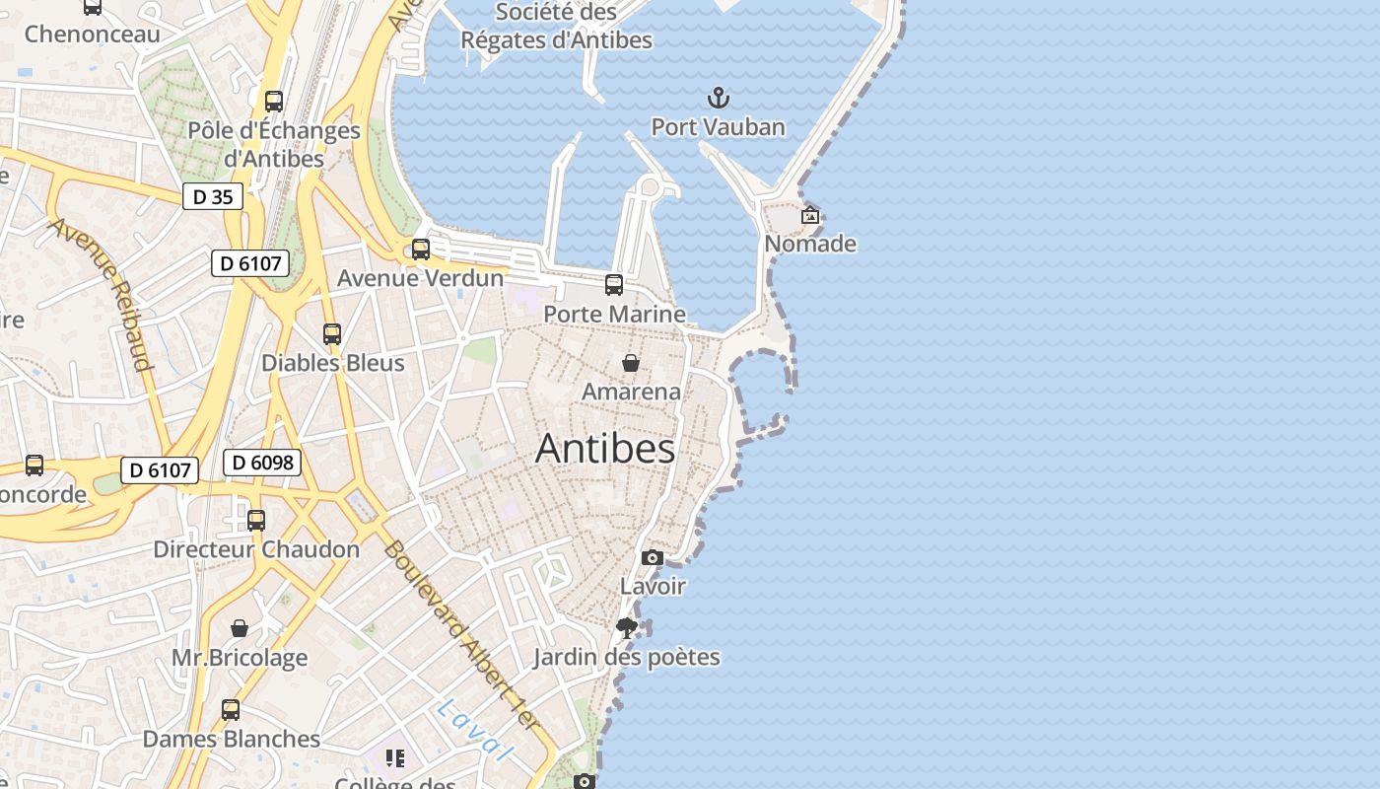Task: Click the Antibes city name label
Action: (x=605, y=449)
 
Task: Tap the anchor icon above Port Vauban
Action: (x=719, y=98)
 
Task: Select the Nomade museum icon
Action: (x=810, y=215)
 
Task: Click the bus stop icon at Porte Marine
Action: (x=614, y=285)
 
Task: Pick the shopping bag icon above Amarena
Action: (x=631, y=363)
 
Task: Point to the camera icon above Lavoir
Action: (x=652, y=558)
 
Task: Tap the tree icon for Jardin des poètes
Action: (x=626, y=628)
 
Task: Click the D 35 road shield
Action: (x=213, y=196)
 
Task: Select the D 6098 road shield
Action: (x=261, y=462)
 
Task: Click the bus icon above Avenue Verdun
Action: (x=421, y=250)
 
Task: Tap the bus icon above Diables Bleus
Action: (x=332, y=334)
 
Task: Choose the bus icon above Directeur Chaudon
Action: (x=256, y=520)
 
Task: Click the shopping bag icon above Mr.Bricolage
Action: (x=240, y=628)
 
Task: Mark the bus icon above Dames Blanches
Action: (x=231, y=709)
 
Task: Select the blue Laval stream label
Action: (x=476, y=730)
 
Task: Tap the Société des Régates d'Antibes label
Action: (x=557, y=27)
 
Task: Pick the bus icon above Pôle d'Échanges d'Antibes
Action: (x=274, y=102)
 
